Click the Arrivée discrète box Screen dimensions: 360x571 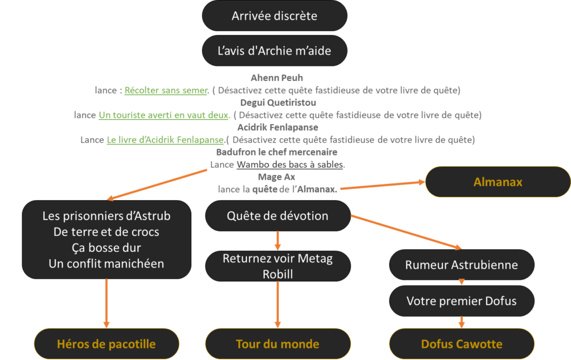pyautogui.click(x=274, y=16)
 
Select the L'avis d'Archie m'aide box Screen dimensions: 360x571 pyautogui.click(x=274, y=51)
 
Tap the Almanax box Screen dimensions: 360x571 pyautogui.click(x=498, y=182)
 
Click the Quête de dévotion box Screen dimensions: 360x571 pyautogui.click(x=278, y=216)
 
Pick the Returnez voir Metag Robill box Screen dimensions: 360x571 pyautogui.click(x=278, y=266)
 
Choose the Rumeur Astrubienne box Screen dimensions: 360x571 pyautogui.click(x=461, y=265)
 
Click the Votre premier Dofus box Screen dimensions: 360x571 pyautogui.click(x=461, y=301)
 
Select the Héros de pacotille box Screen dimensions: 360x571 pyautogui.click(x=106, y=343)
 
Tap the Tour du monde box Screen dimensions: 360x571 pyautogui.click(x=278, y=343)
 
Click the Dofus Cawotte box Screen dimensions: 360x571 pyautogui.click(x=461, y=343)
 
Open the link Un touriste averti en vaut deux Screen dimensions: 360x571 pyautogui.click(x=164, y=115)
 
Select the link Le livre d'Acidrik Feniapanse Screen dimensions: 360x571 pyautogui.click(x=165, y=140)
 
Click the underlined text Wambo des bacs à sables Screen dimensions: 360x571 pyautogui.click(x=290, y=164)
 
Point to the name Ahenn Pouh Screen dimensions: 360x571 pyautogui.click(x=277, y=78)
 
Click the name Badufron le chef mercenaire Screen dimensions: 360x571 pyautogui.click(x=277, y=152)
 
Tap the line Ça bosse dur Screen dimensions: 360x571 pyautogui.click(x=107, y=247)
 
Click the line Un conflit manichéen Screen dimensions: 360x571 pyautogui.click(x=107, y=264)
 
